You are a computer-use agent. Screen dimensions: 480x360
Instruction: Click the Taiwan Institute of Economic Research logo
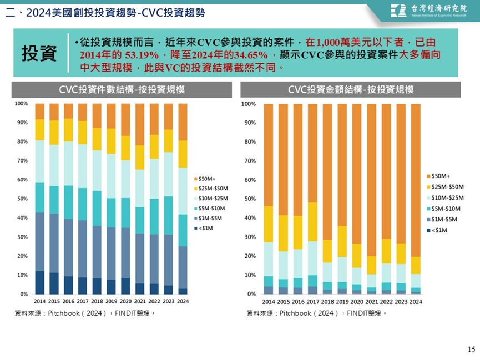pos(429,11)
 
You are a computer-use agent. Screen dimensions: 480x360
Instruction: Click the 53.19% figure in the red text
pos(142,55)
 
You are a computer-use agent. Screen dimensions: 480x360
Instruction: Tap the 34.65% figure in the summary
pos(251,55)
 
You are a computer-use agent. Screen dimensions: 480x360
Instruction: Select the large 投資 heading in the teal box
pos(39,53)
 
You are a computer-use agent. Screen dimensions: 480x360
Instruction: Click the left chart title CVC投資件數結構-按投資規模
pos(122,89)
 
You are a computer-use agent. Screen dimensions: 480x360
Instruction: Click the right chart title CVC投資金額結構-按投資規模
pos(351,89)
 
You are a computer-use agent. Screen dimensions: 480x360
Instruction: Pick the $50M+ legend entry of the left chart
pos(205,179)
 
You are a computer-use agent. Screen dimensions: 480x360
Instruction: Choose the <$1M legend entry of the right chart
pos(437,230)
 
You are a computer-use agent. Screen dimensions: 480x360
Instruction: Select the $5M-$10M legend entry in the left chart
pos(210,209)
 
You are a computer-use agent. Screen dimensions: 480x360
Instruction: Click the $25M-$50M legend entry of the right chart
pos(446,187)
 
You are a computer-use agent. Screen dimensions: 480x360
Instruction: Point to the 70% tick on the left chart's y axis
pos(22,160)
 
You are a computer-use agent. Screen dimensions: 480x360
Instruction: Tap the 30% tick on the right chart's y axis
pos(250,237)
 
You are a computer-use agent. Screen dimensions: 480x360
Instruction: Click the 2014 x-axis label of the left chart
pos(40,301)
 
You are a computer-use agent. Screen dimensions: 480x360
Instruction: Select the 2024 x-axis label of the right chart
pos(416,302)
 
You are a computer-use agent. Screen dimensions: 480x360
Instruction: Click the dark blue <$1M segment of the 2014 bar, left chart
pos(40,282)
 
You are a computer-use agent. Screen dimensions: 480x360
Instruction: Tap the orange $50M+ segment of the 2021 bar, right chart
pos(372,180)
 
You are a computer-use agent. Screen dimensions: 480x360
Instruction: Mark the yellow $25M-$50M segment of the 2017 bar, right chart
pos(312,222)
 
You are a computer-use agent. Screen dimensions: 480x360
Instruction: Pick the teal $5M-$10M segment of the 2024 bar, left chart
pos(183,231)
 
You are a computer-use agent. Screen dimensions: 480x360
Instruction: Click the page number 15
pos(472,349)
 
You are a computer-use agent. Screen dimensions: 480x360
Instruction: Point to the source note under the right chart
pos(316,313)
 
